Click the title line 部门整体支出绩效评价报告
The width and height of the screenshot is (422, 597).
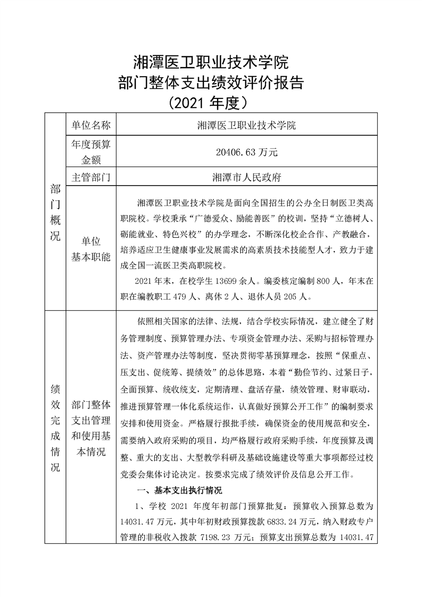point(210,83)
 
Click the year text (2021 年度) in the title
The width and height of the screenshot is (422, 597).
point(210,101)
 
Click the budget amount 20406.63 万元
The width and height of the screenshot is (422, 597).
point(247,152)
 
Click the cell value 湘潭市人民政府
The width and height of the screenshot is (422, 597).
point(247,177)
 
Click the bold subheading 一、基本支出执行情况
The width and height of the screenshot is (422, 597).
point(179,490)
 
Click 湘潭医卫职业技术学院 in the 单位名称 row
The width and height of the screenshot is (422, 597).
point(247,126)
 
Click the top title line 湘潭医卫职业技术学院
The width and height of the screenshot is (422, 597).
point(210,63)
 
